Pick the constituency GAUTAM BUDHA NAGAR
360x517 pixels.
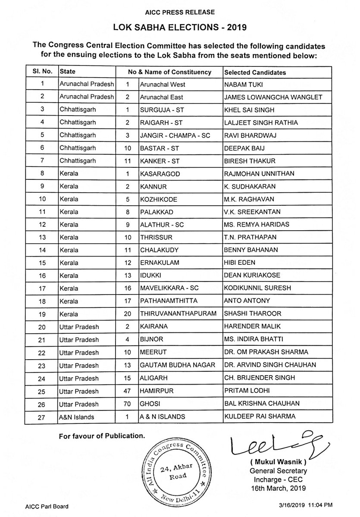click(x=178, y=365)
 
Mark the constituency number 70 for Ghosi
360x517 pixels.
click(x=127, y=404)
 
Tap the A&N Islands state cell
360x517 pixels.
click(x=78, y=417)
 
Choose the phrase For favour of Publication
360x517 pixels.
click(x=101, y=436)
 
